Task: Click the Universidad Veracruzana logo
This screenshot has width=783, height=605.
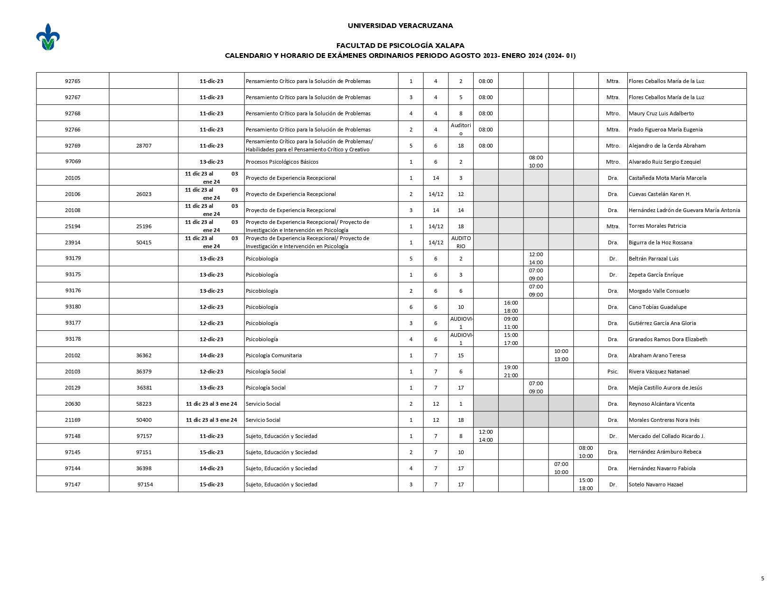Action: (48, 37)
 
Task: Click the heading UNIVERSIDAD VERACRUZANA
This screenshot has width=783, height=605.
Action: (400, 26)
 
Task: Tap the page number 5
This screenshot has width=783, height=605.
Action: (762, 578)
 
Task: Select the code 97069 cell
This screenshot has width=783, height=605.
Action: (73, 161)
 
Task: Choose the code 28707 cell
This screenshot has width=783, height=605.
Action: (144, 146)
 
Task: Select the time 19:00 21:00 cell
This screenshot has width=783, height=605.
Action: (511, 372)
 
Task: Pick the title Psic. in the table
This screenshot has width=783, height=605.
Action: (613, 372)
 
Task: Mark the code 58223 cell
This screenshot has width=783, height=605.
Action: (144, 404)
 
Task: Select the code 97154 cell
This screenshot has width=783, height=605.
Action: (145, 484)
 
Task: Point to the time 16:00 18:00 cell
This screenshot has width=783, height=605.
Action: (511, 307)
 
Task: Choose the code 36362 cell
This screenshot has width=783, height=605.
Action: (144, 355)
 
